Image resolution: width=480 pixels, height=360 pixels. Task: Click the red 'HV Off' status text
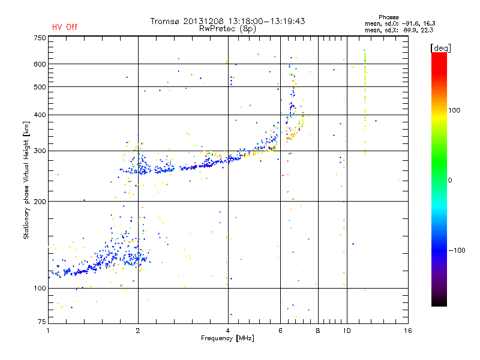(x=65, y=27)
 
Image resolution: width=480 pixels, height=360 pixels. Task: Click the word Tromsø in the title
(x=164, y=21)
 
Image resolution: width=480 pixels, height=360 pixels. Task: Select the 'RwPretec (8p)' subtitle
(x=227, y=29)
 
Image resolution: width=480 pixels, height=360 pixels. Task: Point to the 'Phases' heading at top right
(x=388, y=17)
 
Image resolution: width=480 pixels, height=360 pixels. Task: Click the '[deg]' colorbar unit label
(x=440, y=49)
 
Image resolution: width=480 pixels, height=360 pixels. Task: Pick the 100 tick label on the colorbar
(x=454, y=110)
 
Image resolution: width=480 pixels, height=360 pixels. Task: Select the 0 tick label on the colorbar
(x=449, y=181)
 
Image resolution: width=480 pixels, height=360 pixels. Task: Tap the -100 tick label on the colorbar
(x=457, y=250)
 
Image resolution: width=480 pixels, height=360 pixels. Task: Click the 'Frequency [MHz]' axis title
(x=227, y=338)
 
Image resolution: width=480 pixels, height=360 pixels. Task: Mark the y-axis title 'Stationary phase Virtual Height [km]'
(x=26, y=181)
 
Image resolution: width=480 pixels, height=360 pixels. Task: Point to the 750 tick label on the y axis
(x=40, y=38)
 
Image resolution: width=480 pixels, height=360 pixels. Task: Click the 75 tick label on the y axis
(x=42, y=322)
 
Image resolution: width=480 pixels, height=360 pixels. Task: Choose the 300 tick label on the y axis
(x=40, y=151)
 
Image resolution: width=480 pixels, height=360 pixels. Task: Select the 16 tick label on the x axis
(x=408, y=331)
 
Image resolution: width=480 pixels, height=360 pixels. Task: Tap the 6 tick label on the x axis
(x=280, y=331)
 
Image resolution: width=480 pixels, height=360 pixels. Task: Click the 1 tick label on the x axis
(x=48, y=331)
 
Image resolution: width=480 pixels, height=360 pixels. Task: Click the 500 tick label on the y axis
(x=40, y=87)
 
